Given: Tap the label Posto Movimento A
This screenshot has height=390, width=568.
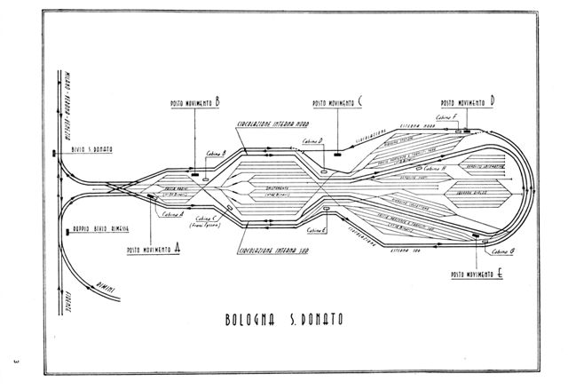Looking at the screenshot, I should pos(154,251).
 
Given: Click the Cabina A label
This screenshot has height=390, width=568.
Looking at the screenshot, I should pos(173,213).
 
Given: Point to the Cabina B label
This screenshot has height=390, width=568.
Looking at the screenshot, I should pos(217,153).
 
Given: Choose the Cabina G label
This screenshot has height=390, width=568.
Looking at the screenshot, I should pos(493,252).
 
